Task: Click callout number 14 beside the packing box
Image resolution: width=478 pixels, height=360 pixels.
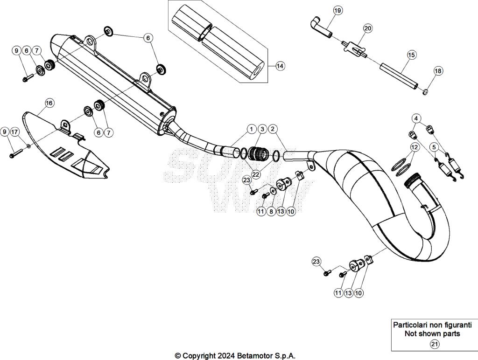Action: click(279, 66)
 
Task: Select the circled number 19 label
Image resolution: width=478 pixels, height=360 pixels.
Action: click(337, 10)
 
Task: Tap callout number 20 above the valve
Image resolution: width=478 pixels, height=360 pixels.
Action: click(368, 28)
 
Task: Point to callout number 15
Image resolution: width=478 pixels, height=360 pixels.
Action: click(411, 55)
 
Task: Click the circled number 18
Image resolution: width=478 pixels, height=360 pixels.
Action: click(438, 71)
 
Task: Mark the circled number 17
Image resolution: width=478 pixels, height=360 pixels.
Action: click(15, 132)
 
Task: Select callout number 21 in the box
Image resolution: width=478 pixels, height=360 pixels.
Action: click(434, 345)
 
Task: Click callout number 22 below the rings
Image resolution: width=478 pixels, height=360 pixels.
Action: click(255, 174)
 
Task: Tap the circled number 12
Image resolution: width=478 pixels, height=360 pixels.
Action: click(415, 147)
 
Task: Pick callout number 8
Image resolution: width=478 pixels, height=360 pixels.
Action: click(271, 211)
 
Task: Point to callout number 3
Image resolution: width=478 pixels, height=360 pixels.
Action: click(262, 128)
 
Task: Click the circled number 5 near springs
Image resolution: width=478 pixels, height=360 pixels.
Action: click(434, 147)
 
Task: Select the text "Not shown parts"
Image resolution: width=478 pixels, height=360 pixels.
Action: click(432, 333)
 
